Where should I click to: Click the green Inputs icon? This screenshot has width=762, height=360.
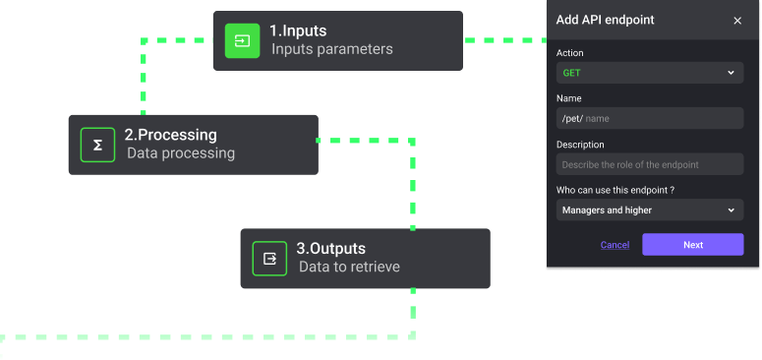[x=242, y=40]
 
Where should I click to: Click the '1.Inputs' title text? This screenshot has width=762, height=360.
[x=298, y=30]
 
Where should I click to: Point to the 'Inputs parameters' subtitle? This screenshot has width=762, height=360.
[x=332, y=49]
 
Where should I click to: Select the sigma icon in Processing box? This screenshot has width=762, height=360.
[x=97, y=145]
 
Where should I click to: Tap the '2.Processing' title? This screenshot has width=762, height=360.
[x=170, y=135]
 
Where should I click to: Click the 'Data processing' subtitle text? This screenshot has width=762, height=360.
[x=181, y=153]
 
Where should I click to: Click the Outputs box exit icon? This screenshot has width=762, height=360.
[x=269, y=259]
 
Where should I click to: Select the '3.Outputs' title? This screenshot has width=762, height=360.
[x=330, y=249]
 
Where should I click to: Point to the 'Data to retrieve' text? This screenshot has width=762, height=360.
[x=349, y=267]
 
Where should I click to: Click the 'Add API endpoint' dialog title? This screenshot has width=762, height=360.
[x=605, y=20]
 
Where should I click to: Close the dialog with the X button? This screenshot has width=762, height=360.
[x=737, y=21]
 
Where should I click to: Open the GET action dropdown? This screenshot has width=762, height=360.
[x=649, y=73]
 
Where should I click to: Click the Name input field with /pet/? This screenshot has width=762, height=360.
[x=649, y=118]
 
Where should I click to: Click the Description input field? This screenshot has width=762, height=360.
[x=649, y=164]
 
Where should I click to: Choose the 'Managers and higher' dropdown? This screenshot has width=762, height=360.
[x=649, y=210]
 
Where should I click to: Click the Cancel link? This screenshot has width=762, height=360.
[x=615, y=245]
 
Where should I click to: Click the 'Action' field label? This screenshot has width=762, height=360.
[x=569, y=52]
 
